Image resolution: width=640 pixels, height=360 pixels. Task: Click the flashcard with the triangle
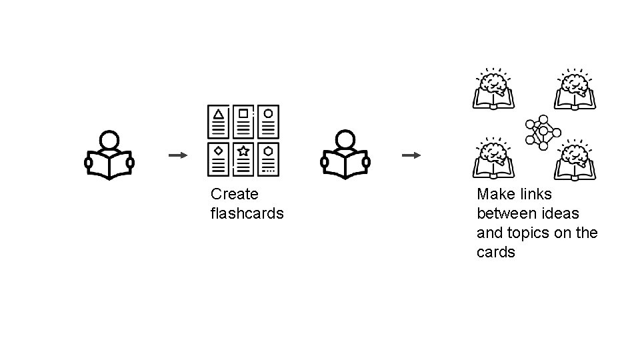click(218, 122)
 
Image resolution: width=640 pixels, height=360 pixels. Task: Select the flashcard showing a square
click(243, 122)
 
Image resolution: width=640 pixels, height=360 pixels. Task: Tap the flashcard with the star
click(243, 159)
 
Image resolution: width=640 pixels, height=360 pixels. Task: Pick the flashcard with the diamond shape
click(218, 159)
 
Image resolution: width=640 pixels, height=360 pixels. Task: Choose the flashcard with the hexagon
click(268, 159)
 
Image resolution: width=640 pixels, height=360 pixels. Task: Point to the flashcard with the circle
click(268, 122)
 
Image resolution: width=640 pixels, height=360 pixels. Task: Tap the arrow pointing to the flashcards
click(178, 155)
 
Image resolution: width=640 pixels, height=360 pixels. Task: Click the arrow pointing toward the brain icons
click(411, 155)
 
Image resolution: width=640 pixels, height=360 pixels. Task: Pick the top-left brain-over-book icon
click(494, 89)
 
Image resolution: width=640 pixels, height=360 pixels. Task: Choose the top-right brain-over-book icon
click(575, 89)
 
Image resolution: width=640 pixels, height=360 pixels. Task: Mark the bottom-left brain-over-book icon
click(494, 159)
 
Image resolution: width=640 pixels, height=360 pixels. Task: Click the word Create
click(234, 194)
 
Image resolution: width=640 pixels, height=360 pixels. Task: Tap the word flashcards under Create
click(247, 213)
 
